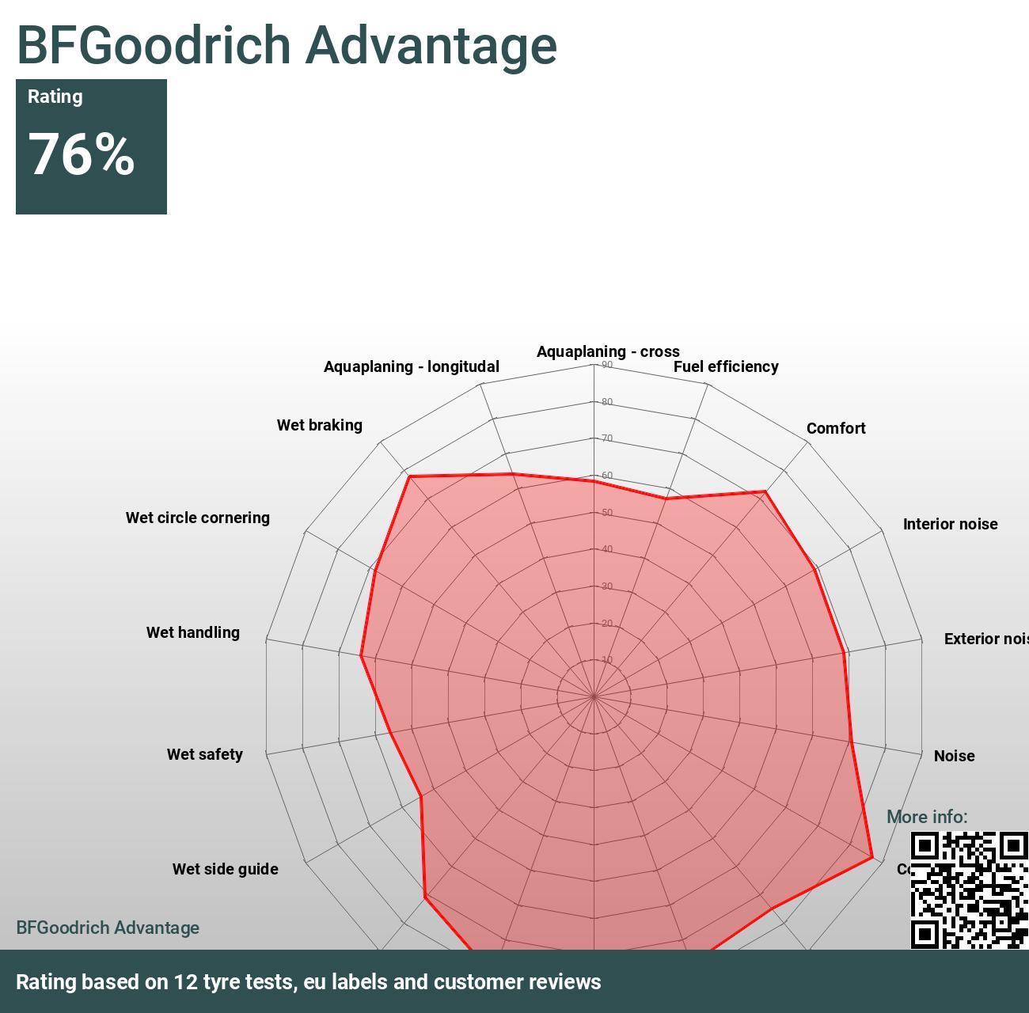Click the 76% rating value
tap(82, 154)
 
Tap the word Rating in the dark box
tap(55, 97)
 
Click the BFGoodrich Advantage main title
tap(287, 45)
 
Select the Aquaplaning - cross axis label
tap(608, 351)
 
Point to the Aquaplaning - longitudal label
tap(412, 366)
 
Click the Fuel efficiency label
tap(726, 366)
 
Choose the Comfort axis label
tap(836, 428)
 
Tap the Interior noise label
tap(950, 524)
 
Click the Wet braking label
tap(320, 425)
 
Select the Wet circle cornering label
tap(198, 518)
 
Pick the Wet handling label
tap(193, 632)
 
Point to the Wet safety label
tap(205, 754)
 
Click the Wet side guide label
tap(226, 869)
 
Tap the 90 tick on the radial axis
tap(607, 365)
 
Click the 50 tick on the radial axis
tap(607, 513)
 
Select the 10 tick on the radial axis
tap(607, 660)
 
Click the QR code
tap(969, 890)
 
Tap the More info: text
tap(927, 817)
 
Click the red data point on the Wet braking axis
tap(409, 476)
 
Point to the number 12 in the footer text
tap(185, 982)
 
